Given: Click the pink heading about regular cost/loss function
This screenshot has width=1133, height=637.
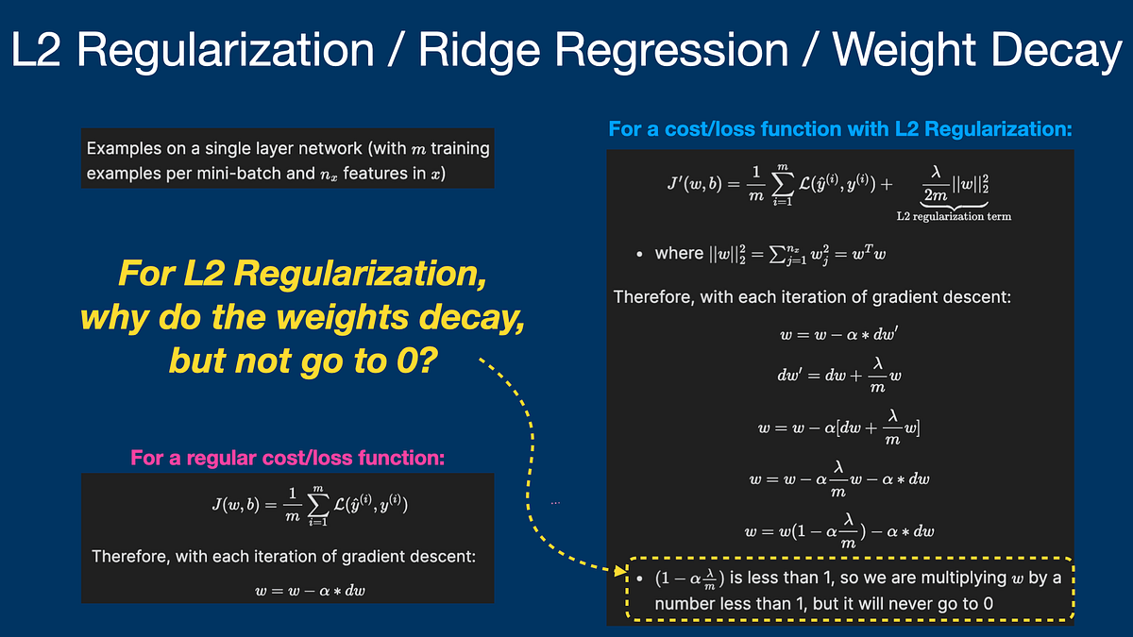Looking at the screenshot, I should click(x=287, y=459).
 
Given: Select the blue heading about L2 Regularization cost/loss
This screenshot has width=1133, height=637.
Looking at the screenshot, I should click(x=840, y=128).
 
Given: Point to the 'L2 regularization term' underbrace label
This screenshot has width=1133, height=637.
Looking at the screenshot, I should click(x=954, y=216).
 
